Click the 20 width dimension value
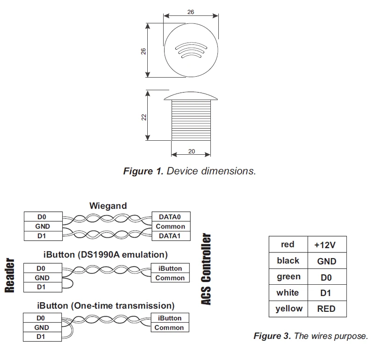pyautogui.click(x=191, y=151)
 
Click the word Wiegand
pyautogui.click(x=108, y=206)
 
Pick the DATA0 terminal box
pyautogui.click(x=171, y=217)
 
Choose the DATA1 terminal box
pyautogui.click(x=171, y=236)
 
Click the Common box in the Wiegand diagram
pyautogui.click(x=171, y=226)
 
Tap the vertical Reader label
pyautogui.click(x=10, y=275)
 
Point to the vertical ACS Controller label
pyautogui.click(x=206, y=269)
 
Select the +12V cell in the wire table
pyautogui.click(x=327, y=245)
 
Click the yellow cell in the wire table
pyautogui.click(x=288, y=309)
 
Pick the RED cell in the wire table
pyautogui.click(x=327, y=309)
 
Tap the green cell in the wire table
pyautogui.click(x=288, y=277)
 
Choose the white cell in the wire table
pyautogui.click(x=288, y=293)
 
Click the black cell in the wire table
pyautogui.click(x=288, y=261)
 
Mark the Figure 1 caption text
pyautogui.click(x=189, y=171)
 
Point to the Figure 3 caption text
pyautogui.click(x=310, y=336)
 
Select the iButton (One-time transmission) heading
pyautogui.click(x=106, y=306)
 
